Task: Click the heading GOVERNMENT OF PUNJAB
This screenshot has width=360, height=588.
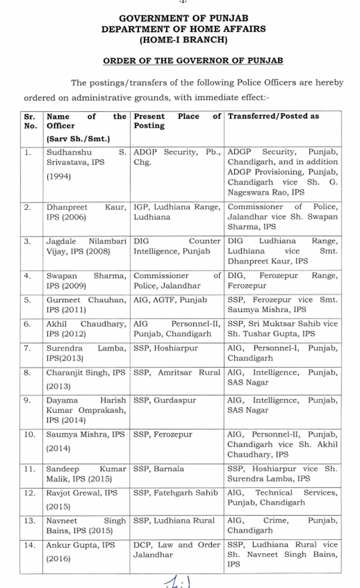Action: (x=179, y=19)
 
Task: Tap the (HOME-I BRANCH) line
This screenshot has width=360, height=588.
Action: (x=179, y=39)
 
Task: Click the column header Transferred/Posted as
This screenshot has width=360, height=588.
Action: (x=274, y=116)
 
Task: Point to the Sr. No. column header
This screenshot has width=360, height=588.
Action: (x=30, y=121)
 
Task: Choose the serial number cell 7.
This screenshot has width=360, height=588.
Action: (x=28, y=348)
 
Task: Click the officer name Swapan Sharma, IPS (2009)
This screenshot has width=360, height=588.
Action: (x=85, y=280)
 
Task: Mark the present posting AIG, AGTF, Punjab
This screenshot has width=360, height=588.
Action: (x=170, y=299)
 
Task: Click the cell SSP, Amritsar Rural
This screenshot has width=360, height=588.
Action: (x=176, y=372)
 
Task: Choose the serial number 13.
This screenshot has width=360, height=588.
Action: (x=30, y=521)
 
